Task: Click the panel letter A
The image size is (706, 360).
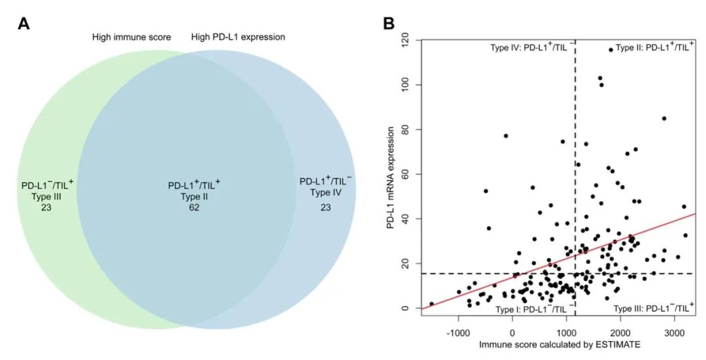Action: [x=24, y=24]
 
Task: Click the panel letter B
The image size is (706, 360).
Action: [x=388, y=24]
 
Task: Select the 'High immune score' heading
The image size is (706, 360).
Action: [x=131, y=37]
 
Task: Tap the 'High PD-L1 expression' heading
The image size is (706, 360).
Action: [x=238, y=37]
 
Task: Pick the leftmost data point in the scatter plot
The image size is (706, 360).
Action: [x=431, y=304]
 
